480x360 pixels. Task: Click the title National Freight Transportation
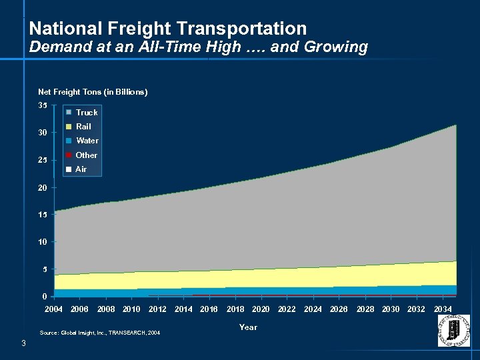coord(168,29)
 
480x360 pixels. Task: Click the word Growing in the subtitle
coord(340,47)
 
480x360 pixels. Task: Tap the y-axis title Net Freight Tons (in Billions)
coord(93,92)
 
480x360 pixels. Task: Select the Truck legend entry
coord(86,113)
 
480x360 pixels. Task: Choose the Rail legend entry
coord(83,127)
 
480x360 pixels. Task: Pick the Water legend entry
coord(87,141)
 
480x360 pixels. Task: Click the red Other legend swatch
coord(68,155)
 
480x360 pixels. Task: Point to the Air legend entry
coord(81,169)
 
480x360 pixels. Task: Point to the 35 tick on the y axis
coord(43,105)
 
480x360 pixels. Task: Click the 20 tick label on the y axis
coord(43,188)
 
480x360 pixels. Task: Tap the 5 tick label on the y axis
coord(45,269)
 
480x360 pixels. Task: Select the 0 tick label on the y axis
coord(45,297)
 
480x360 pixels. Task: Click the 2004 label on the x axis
coord(54,309)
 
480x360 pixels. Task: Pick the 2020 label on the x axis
coord(261,309)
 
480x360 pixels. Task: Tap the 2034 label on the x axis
coord(443,309)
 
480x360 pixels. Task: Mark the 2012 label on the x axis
coord(157,309)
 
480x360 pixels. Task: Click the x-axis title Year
coord(248,327)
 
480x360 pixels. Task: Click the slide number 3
coord(23,343)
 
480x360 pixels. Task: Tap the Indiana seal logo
coord(453,331)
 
